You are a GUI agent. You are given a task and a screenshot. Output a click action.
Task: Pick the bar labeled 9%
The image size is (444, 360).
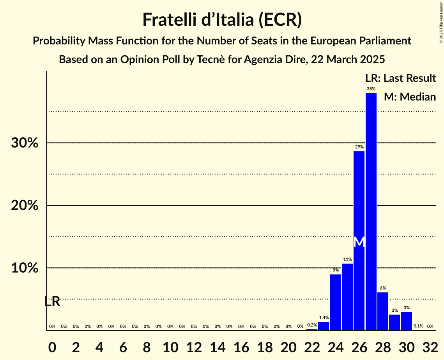pos(336,302)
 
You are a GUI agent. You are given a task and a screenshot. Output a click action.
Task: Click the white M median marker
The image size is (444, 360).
pos(359,242)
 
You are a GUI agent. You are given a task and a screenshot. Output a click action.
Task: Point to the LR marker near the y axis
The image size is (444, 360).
pos(52,302)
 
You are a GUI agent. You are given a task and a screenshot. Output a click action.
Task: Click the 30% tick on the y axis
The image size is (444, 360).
pos(25,143)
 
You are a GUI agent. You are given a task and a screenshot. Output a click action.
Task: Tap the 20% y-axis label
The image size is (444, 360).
pos(25,205)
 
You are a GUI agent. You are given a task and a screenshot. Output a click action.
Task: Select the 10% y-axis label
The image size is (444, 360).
pos(25,268)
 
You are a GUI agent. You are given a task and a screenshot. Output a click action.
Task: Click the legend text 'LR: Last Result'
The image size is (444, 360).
pos(400,78)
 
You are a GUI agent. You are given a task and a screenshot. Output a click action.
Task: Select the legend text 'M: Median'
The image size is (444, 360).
pos(410,97)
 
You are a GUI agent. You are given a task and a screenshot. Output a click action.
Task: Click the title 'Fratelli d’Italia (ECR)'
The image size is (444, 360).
pos(222,19)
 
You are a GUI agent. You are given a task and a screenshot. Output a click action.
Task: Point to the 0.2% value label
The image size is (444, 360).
pos(312,325)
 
